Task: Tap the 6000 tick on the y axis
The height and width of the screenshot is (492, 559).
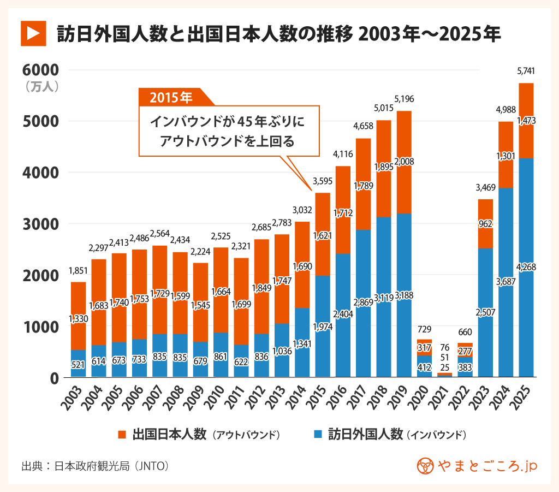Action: [x=40, y=70]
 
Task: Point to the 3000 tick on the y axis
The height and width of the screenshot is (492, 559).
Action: [x=40, y=224]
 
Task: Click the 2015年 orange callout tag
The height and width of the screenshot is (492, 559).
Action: [x=171, y=98]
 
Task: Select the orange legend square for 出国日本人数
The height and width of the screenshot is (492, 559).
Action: [x=122, y=435]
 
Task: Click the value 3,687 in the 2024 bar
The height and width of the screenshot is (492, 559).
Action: [x=505, y=281]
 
